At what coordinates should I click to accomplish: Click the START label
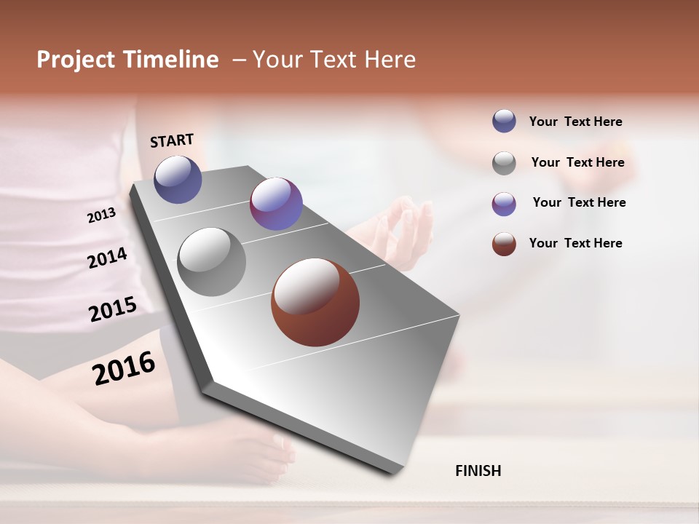coord(172,140)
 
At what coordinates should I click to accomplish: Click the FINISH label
coord(478,471)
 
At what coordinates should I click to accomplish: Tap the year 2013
coord(101,215)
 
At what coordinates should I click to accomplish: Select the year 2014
coord(107,258)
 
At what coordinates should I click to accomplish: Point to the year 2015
coord(112,309)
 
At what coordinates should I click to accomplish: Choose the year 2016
coord(124,368)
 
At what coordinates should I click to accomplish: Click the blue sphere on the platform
coord(178,179)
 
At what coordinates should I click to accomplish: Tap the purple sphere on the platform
coord(276,204)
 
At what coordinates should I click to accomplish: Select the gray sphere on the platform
coord(211,262)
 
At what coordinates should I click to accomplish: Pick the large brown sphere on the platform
coord(315,302)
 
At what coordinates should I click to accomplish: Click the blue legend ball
coord(504,121)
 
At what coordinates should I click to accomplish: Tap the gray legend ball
coord(504,163)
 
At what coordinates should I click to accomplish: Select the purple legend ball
coord(504,204)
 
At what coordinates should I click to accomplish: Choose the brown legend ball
coord(504,244)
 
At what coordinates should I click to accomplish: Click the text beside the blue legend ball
coord(575,122)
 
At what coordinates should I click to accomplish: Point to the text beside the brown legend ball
coord(575,243)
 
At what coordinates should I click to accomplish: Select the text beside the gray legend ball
coord(577,162)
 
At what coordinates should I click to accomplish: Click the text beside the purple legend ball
coord(579,202)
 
